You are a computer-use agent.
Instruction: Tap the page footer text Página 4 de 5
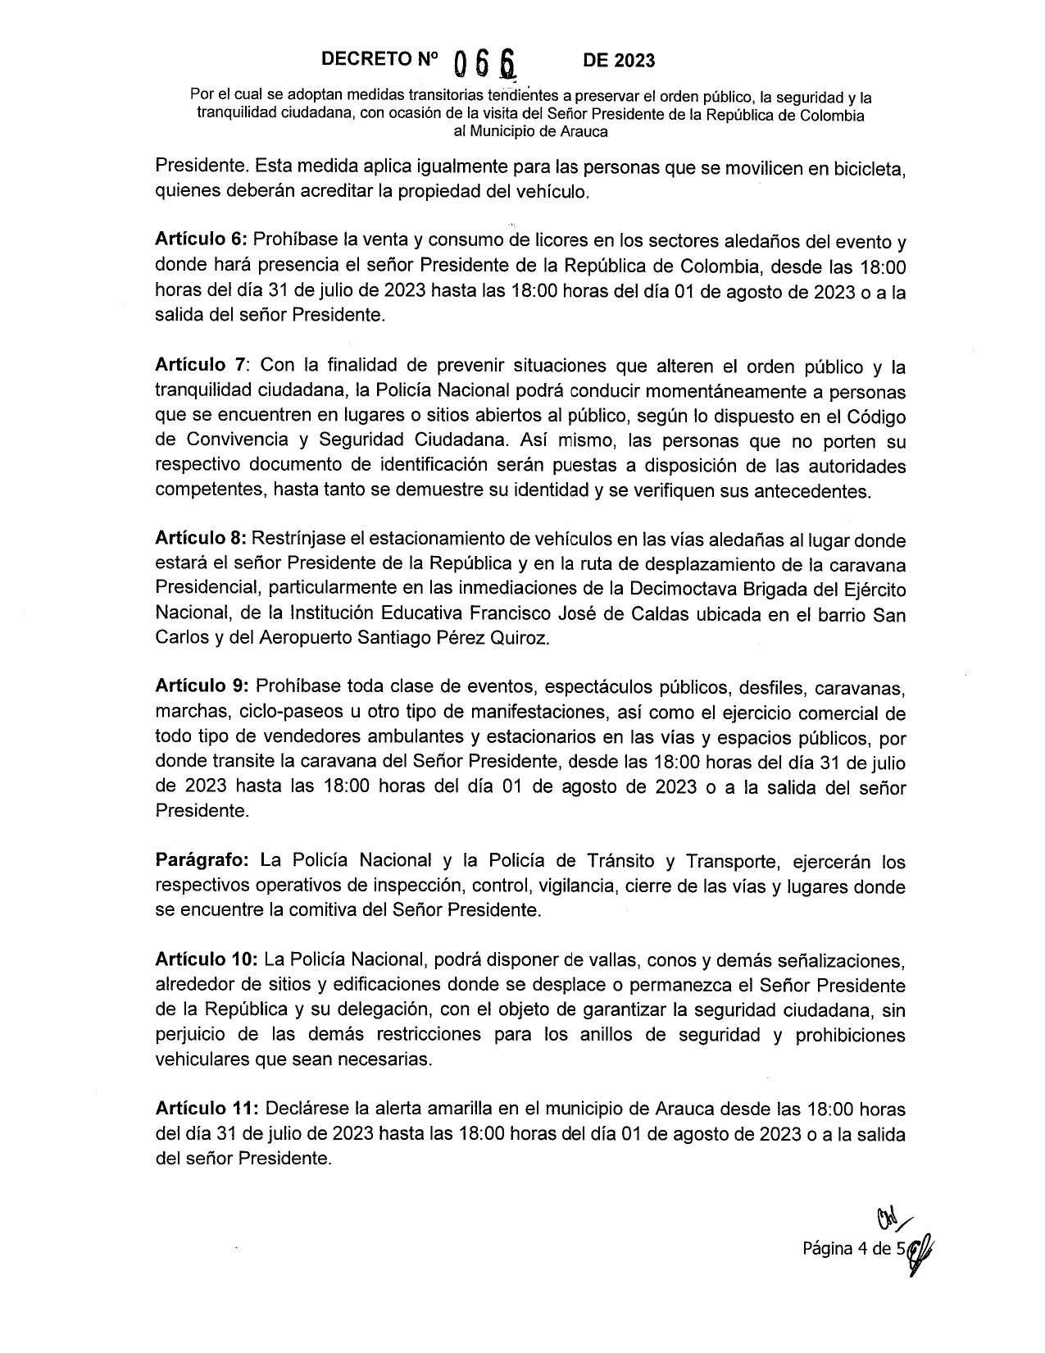pos(852,1250)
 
